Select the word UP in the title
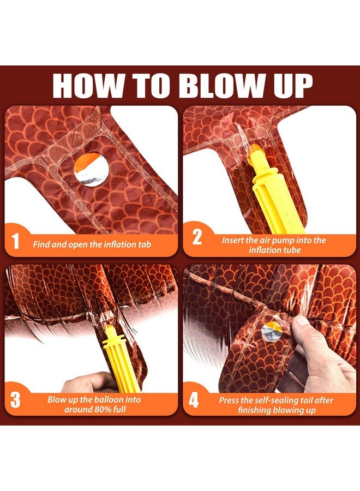pyautogui.click(x=293, y=86)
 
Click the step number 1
pyautogui.click(x=15, y=242)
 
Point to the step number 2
pyautogui.click(x=197, y=238)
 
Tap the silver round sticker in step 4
pyautogui.click(x=272, y=332)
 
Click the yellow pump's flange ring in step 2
pyautogui.click(x=265, y=175)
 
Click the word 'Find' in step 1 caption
pyautogui.click(x=41, y=244)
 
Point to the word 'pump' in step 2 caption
pyautogui.click(x=281, y=241)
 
